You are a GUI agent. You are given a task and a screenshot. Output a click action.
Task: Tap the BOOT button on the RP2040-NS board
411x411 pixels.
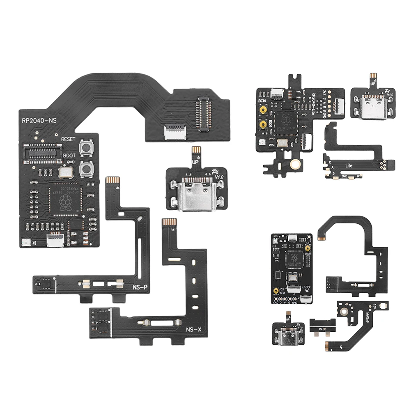(86, 168)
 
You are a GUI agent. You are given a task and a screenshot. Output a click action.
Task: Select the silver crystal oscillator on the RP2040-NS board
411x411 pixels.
(65, 172)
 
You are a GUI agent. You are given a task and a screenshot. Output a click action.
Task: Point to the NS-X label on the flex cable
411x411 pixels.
(193, 330)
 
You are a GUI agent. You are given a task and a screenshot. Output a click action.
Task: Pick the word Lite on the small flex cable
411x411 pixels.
(349, 165)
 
